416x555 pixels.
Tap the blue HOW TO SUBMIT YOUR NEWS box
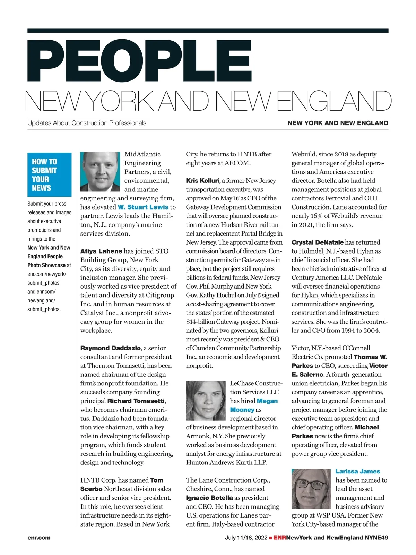coord(49,175)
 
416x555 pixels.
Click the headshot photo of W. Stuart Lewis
coord(100,172)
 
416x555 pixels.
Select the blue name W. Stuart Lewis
coord(143,207)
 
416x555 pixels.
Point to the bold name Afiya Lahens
coord(101,251)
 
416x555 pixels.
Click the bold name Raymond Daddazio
coord(111,348)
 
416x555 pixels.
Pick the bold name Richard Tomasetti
coord(136,401)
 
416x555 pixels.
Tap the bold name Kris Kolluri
coord(202,181)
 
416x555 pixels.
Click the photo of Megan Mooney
coord(206,401)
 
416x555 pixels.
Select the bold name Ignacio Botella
coord(209,498)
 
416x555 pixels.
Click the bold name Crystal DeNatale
coord(318,242)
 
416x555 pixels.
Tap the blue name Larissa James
coord(358,471)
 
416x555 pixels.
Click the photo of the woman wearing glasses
coord(311,489)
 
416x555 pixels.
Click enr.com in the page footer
coord(39,538)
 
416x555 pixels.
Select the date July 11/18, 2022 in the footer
coord(246,538)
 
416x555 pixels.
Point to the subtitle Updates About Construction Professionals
coord(87,123)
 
